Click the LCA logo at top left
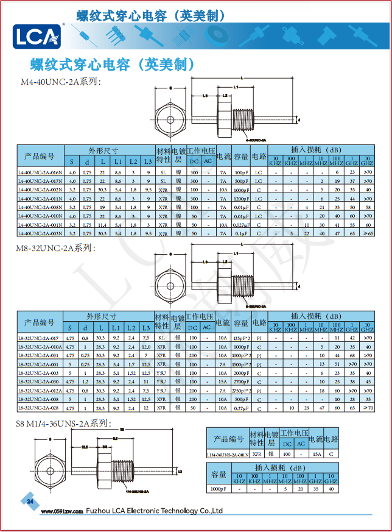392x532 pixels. [x=37, y=36]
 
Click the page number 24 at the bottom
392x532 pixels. [x=30, y=502]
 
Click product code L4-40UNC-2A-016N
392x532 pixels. [x=40, y=172]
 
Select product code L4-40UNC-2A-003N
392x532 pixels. [x=40, y=233]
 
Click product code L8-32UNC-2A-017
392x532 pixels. [x=38, y=338]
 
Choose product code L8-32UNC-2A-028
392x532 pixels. [x=38, y=408]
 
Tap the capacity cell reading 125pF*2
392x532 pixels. [x=242, y=338]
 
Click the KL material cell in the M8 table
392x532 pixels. [x=161, y=338]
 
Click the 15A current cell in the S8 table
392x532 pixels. [x=317, y=454]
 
